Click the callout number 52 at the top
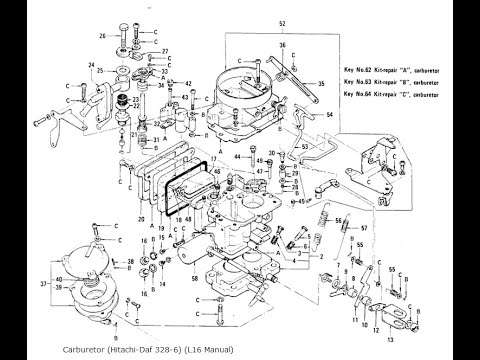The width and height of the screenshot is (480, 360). coord(253,21)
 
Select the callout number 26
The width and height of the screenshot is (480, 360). coord(102,37)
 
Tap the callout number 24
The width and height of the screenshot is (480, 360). coord(91,67)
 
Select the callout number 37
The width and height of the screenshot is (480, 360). coord(29,283)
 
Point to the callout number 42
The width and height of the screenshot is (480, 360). coord(189,84)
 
